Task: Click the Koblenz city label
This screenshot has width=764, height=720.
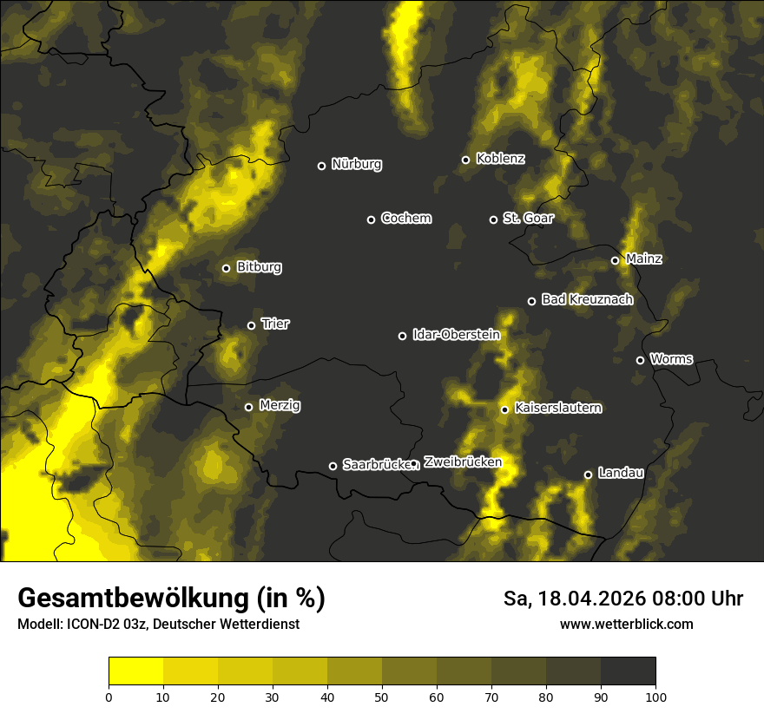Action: pyautogui.click(x=500, y=160)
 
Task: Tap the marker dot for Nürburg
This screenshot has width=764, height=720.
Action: pyautogui.click(x=321, y=166)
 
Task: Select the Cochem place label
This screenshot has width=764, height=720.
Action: pyautogui.click(x=405, y=219)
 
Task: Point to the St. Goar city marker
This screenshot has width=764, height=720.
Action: pyautogui.click(x=493, y=219)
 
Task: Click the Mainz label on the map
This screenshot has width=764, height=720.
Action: pyautogui.click(x=643, y=259)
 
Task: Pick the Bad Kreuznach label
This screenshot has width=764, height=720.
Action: pyautogui.click(x=587, y=300)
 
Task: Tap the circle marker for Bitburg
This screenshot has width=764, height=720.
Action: pyautogui.click(x=226, y=268)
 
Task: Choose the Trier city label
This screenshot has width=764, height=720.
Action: pyautogui.click(x=275, y=324)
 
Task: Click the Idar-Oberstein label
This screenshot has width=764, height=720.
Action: pyautogui.click(x=456, y=335)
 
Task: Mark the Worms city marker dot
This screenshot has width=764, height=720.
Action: pyautogui.click(x=640, y=360)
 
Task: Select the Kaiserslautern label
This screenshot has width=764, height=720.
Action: pyautogui.click(x=557, y=409)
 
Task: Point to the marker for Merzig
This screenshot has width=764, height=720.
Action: pyautogui.click(x=248, y=407)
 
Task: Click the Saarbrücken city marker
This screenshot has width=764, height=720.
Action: pyautogui.click(x=333, y=466)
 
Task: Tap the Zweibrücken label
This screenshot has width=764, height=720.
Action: pyautogui.click(x=462, y=462)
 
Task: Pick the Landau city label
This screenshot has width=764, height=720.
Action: pyautogui.click(x=621, y=474)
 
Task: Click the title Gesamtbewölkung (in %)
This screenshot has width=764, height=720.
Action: pyautogui.click(x=171, y=599)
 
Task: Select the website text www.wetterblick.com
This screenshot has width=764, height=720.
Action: pyautogui.click(x=626, y=624)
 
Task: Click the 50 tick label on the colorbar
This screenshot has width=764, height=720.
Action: pyautogui.click(x=382, y=697)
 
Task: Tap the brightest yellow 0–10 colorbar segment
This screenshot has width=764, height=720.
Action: pyautogui.click(x=135, y=671)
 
